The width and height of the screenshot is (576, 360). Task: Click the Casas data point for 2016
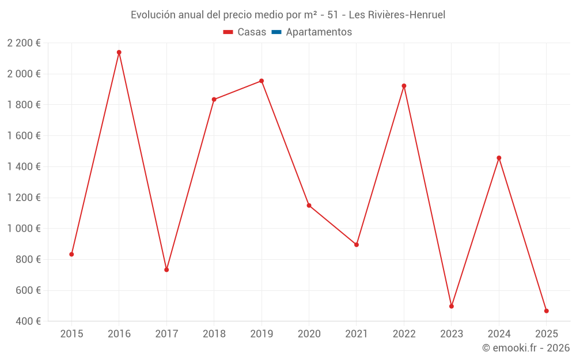(x=119, y=52)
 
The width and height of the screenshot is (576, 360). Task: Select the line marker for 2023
(x=452, y=306)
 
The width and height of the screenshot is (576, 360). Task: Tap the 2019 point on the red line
(x=262, y=81)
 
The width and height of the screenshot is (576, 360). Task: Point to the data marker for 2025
(x=547, y=311)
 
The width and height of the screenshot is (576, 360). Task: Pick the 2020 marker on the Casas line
(x=309, y=206)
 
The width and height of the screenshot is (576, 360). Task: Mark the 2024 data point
(x=499, y=158)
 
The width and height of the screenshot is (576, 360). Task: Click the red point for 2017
(x=166, y=270)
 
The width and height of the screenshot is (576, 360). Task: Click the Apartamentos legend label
(x=319, y=32)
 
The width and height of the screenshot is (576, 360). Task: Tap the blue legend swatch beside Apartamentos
(x=276, y=32)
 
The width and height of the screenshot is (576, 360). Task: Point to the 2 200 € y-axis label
(x=24, y=43)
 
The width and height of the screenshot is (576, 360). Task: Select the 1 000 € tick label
(x=24, y=229)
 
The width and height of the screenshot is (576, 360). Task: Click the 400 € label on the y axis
(x=28, y=321)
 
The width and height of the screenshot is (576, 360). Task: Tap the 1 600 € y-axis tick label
(x=24, y=136)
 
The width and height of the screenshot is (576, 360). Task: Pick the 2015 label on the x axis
(x=71, y=334)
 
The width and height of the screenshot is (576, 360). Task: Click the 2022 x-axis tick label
(x=404, y=334)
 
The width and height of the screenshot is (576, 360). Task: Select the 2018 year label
(x=214, y=334)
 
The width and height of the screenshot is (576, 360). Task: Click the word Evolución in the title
(x=153, y=15)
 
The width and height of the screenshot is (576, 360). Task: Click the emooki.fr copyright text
(x=526, y=348)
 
